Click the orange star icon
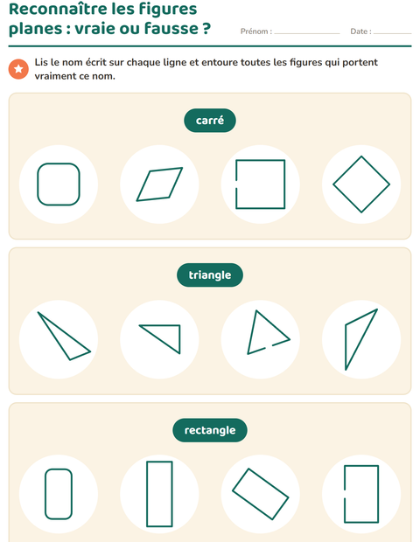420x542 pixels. (18, 69)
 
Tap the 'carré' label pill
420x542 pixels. (210, 121)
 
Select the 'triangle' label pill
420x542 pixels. (210, 275)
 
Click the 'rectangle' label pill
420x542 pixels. (210, 430)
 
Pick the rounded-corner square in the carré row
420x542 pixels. (38, 184)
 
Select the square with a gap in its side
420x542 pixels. (284, 184)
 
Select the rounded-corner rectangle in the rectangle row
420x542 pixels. (45, 494)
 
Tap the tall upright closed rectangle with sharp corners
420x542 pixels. (147, 494)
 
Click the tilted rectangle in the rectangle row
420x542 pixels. (269, 483)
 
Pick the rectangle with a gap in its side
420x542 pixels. (378, 494)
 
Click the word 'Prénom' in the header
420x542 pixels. (255, 31)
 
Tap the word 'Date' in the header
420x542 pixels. (359, 31)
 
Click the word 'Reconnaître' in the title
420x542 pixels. (61, 9)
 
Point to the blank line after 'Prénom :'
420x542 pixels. (307, 33)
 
